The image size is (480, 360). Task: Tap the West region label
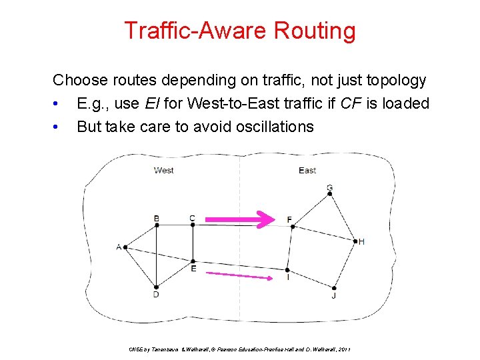164,171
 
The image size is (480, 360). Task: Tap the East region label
307,171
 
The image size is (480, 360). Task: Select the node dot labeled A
125,247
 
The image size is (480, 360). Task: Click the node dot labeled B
157,225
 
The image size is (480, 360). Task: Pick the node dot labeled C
193,225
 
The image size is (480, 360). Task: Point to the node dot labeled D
156,287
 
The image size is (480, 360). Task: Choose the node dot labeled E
193,261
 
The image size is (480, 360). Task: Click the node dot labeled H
355,241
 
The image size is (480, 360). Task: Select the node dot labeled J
334,288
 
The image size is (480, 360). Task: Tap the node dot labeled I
287,270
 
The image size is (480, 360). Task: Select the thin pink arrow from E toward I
239,275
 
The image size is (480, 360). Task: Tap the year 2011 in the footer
345,349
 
